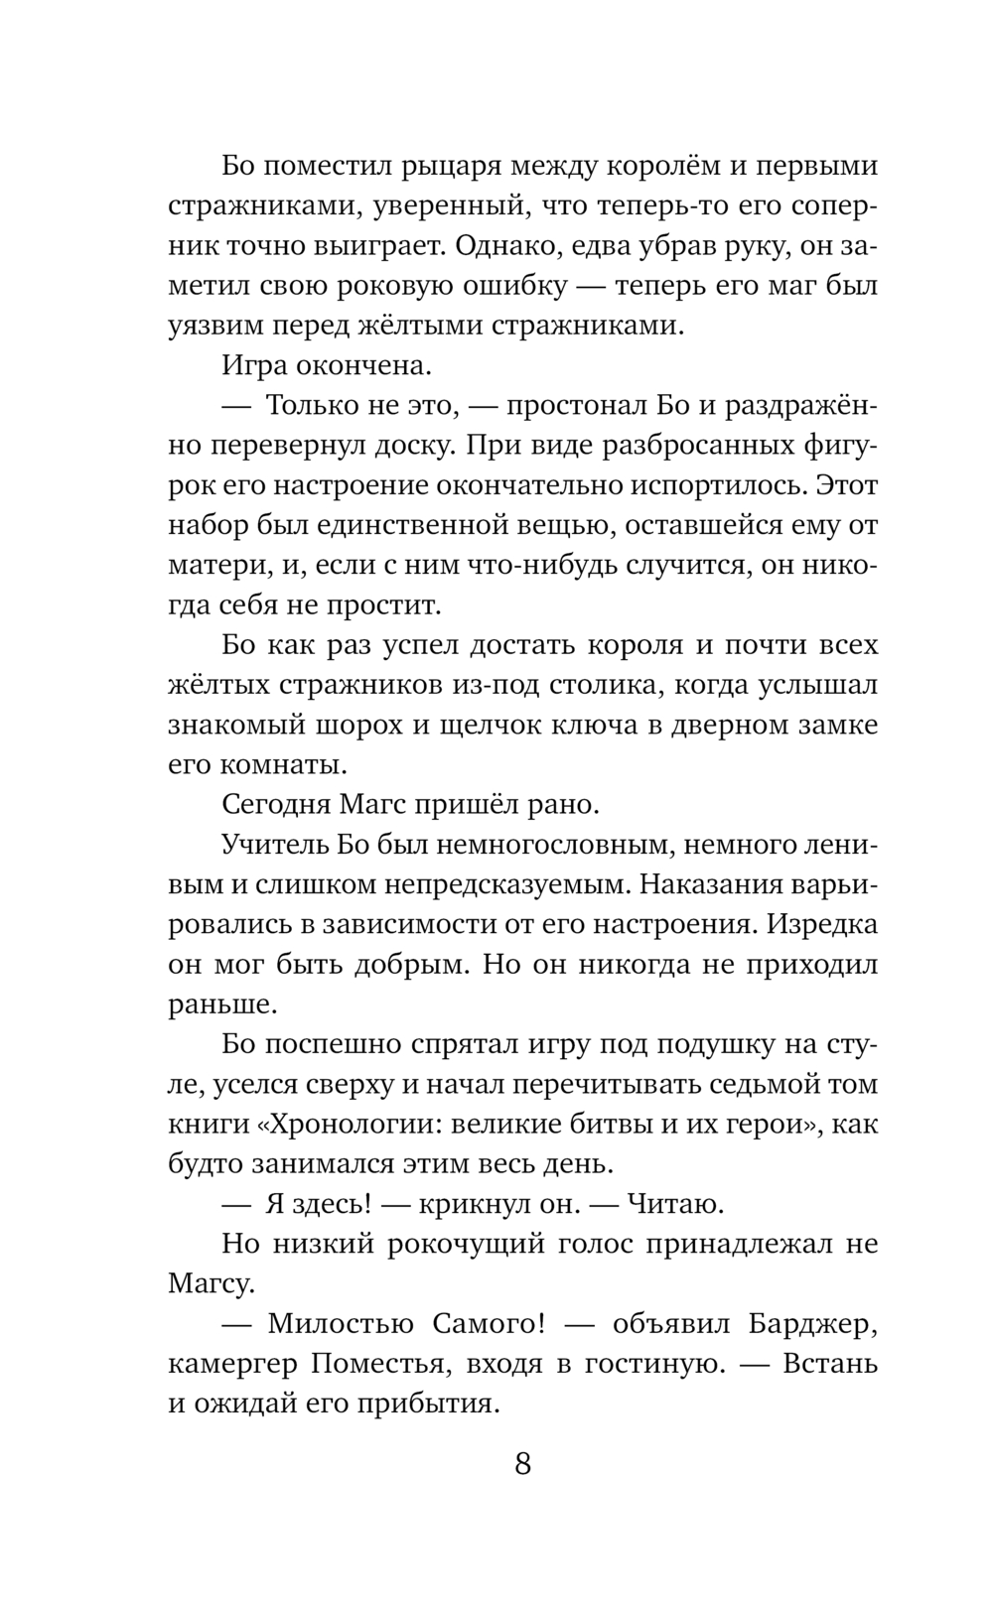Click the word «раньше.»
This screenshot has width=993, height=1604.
coord(222,1004)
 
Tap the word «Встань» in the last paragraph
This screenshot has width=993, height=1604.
coord(831,1365)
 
